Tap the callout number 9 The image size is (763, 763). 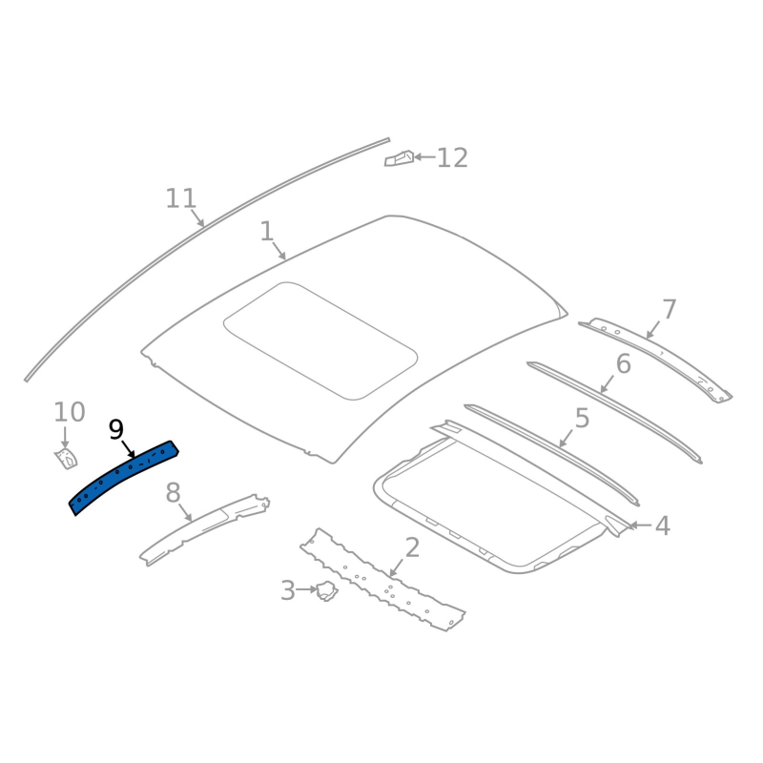(x=116, y=430)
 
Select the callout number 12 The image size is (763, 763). (x=452, y=158)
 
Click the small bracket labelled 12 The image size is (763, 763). (x=399, y=158)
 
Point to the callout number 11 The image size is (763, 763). (x=181, y=198)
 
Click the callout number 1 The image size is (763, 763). (x=267, y=231)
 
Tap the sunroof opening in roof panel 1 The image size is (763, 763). (x=320, y=340)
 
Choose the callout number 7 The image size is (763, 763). (x=670, y=309)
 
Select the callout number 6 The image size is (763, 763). (x=624, y=364)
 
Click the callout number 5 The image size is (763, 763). (x=583, y=419)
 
